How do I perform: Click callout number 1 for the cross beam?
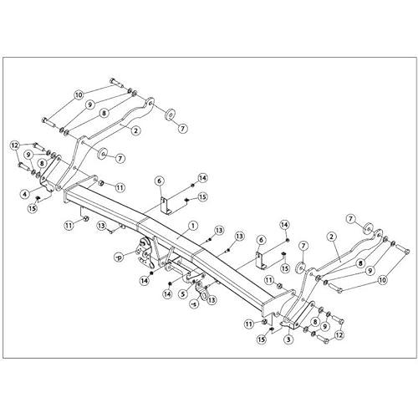pos(192,226)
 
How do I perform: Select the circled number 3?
pos(288,339)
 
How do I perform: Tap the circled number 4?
pos(25,194)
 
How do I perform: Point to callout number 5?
pos(182,294)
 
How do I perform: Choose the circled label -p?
pos(119,257)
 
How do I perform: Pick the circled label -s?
pos(195,303)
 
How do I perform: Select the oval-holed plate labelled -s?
pos(201,291)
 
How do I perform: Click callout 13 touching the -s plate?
pos(212,300)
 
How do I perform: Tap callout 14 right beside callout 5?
pos(167,294)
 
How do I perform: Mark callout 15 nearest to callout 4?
pos(33,209)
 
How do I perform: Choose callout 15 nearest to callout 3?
pos(262,339)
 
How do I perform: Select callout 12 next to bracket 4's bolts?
pos(15,145)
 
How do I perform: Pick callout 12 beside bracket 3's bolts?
pos(339,334)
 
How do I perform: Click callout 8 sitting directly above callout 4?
pos(42,163)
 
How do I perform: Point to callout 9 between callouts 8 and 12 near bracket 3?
pos(324,327)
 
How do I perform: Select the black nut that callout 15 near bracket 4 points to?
pos(38,198)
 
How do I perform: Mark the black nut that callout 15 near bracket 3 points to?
pos(270,329)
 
